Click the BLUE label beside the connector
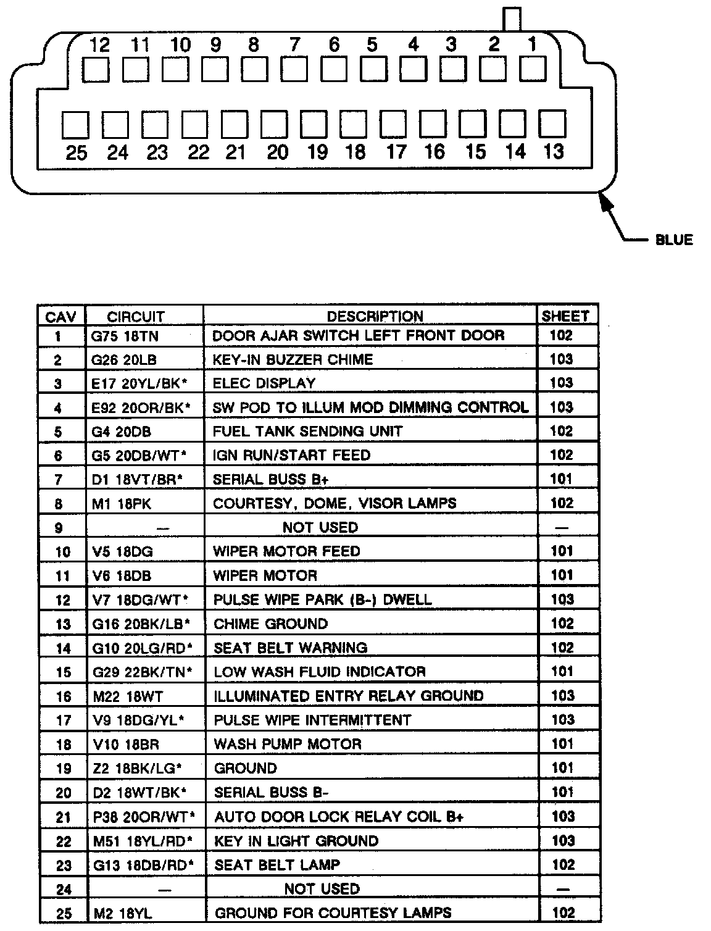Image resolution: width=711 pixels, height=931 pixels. pos(674,240)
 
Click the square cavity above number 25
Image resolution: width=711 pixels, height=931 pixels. pos(76,125)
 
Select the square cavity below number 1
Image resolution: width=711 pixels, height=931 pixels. pos(533,69)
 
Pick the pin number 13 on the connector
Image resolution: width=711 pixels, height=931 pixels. pos(554,151)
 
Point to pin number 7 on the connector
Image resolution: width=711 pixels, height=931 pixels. pos(294,44)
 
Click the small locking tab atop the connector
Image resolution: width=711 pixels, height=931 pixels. pos(512,19)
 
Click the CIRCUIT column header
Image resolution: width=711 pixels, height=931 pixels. pos(136,317)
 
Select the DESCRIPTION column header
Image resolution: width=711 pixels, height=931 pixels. pos(375,317)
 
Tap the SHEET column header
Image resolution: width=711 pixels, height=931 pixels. pos(565,317)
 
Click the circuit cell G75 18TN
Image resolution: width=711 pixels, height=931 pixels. pos(125,336)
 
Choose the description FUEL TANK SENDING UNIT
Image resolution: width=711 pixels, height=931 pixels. pos(307,431)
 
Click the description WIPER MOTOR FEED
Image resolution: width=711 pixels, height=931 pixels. pos(286,551)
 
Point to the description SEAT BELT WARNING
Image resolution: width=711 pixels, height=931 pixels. pos(290,648)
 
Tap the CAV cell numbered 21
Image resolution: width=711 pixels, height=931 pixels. pos(64,817)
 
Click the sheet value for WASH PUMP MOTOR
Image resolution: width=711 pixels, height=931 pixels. pos(562,744)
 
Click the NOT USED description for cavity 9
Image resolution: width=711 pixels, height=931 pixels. pos(320,527)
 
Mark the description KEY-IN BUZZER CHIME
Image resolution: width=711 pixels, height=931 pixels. pos(293,359)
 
